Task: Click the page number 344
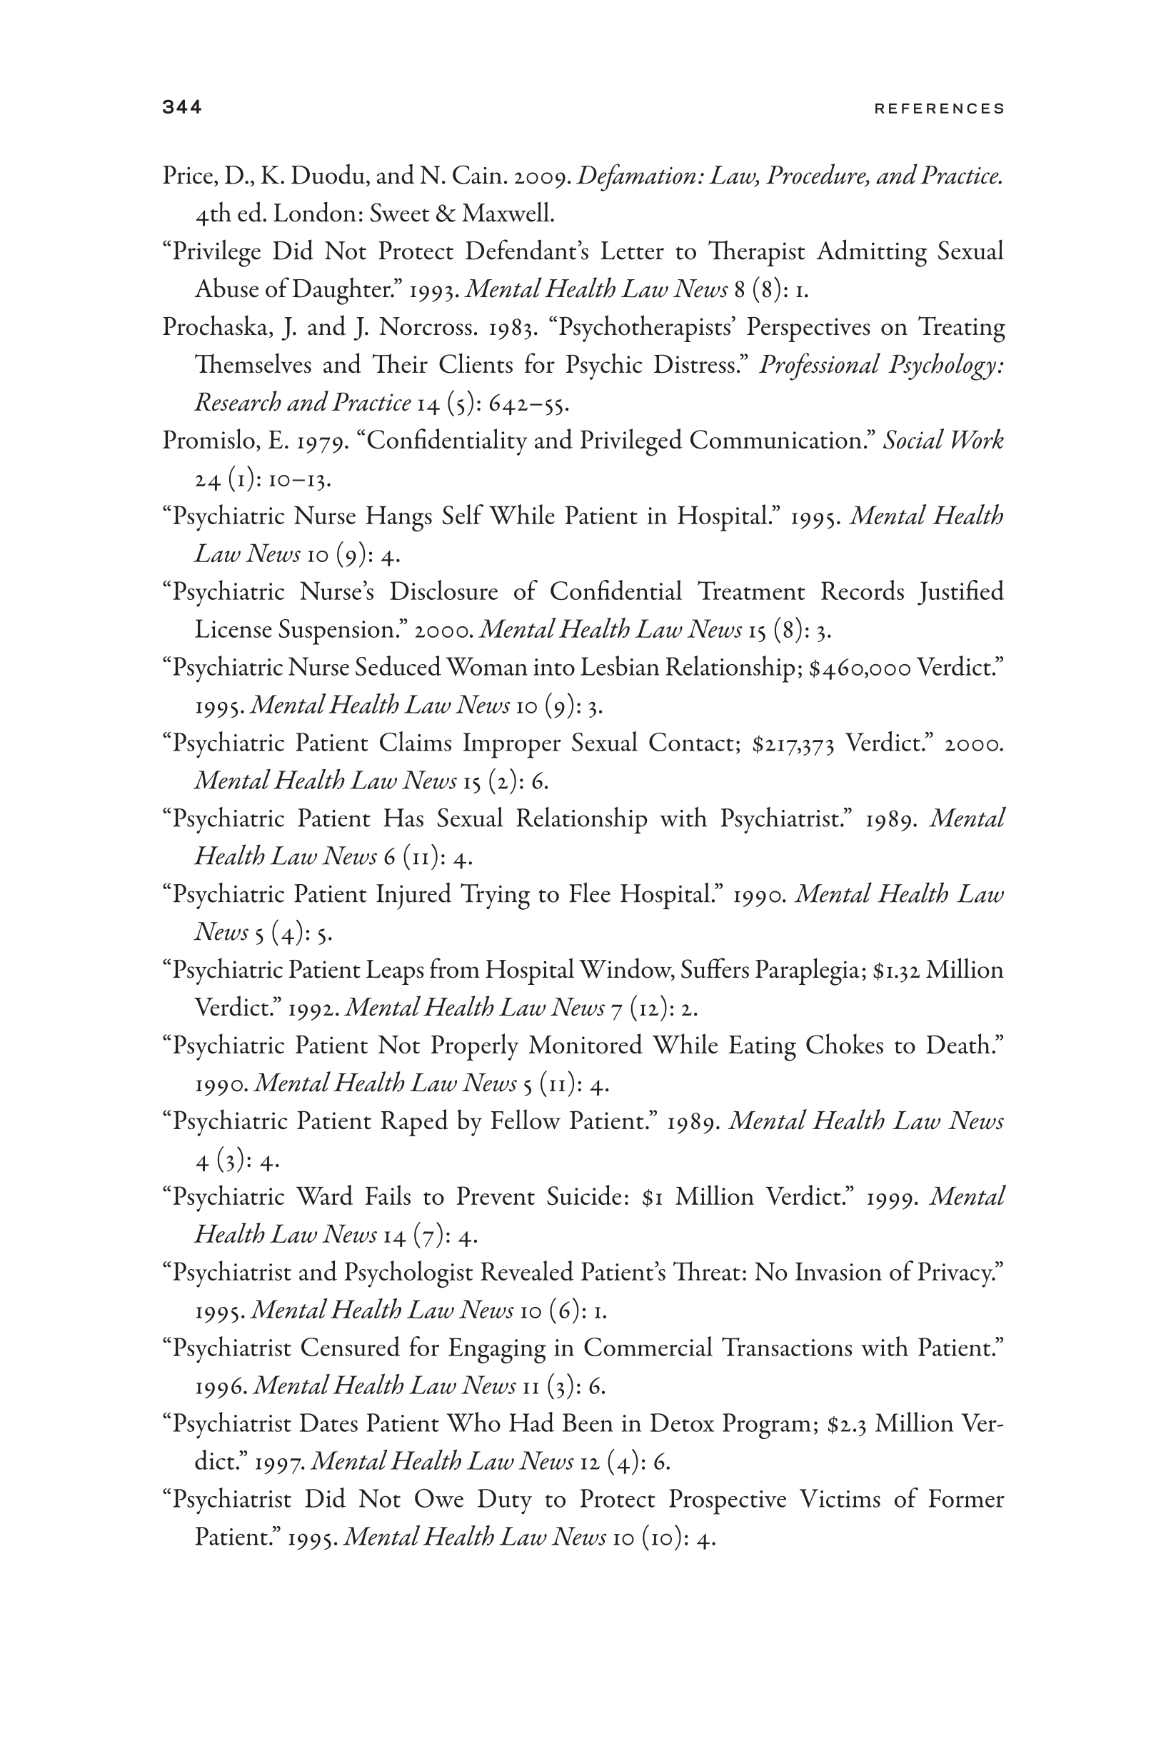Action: click(181, 108)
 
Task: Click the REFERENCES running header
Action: click(939, 109)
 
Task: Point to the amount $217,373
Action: click(793, 743)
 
